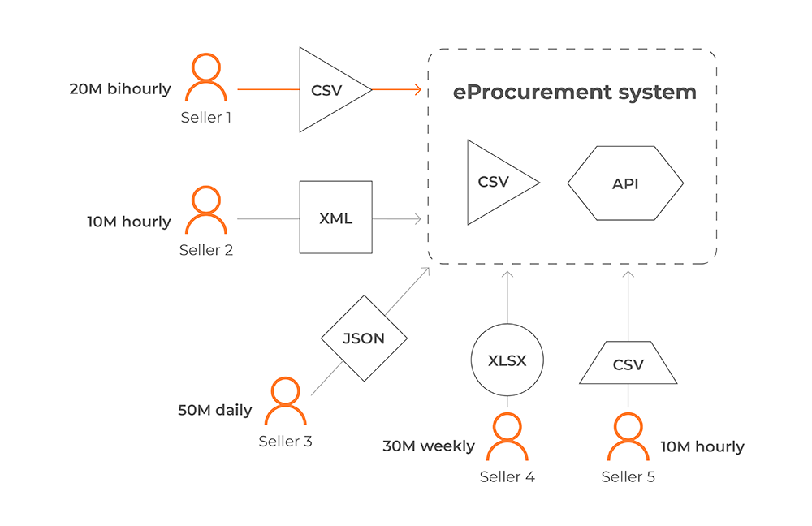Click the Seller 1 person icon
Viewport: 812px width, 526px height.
click(206, 79)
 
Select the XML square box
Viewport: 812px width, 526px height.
click(335, 217)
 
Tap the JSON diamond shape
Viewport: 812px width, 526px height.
click(363, 338)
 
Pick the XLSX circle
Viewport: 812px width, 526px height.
click(507, 360)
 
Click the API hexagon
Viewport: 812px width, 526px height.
click(625, 183)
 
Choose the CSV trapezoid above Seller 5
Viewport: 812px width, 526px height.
click(628, 363)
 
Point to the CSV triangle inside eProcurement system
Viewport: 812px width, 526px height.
click(495, 182)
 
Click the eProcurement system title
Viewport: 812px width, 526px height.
click(574, 92)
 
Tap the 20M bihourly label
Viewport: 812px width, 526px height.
click(120, 88)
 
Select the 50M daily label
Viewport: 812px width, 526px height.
click(214, 410)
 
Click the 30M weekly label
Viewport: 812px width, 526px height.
click(429, 446)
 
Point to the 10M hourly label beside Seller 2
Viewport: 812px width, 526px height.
click(129, 221)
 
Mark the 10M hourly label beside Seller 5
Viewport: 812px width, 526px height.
click(702, 446)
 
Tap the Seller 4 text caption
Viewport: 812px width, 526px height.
click(507, 476)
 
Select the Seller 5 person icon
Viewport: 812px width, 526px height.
click(628, 438)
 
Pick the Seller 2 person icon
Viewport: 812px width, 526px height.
click(206, 211)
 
